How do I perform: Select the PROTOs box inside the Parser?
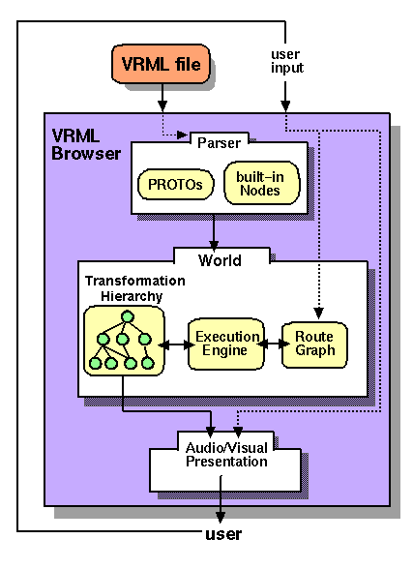[176, 183]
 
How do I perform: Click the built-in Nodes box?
[258, 183]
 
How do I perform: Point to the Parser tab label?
[219, 143]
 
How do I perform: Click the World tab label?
[220, 260]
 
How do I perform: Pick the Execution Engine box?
[227, 344]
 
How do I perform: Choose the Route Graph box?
[314, 344]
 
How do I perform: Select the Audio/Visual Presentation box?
[226, 462]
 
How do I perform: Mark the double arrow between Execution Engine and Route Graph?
[275, 344]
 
